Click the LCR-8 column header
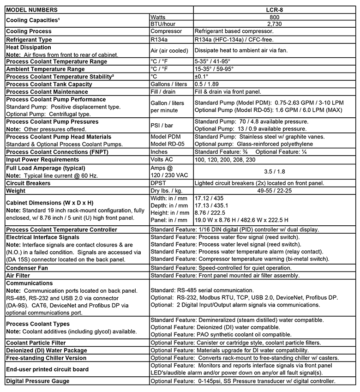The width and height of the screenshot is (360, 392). click(x=275, y=9)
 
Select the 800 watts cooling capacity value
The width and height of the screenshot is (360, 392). click(x=275, y=17)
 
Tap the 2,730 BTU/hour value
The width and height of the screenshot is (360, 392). click(x=275, y=24)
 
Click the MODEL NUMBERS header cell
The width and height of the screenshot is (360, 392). click(x=32, y=9)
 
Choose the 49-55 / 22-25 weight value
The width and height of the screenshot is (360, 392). click(x=275, y=190)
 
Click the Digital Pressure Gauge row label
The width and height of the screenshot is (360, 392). click(x=38, y=381)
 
